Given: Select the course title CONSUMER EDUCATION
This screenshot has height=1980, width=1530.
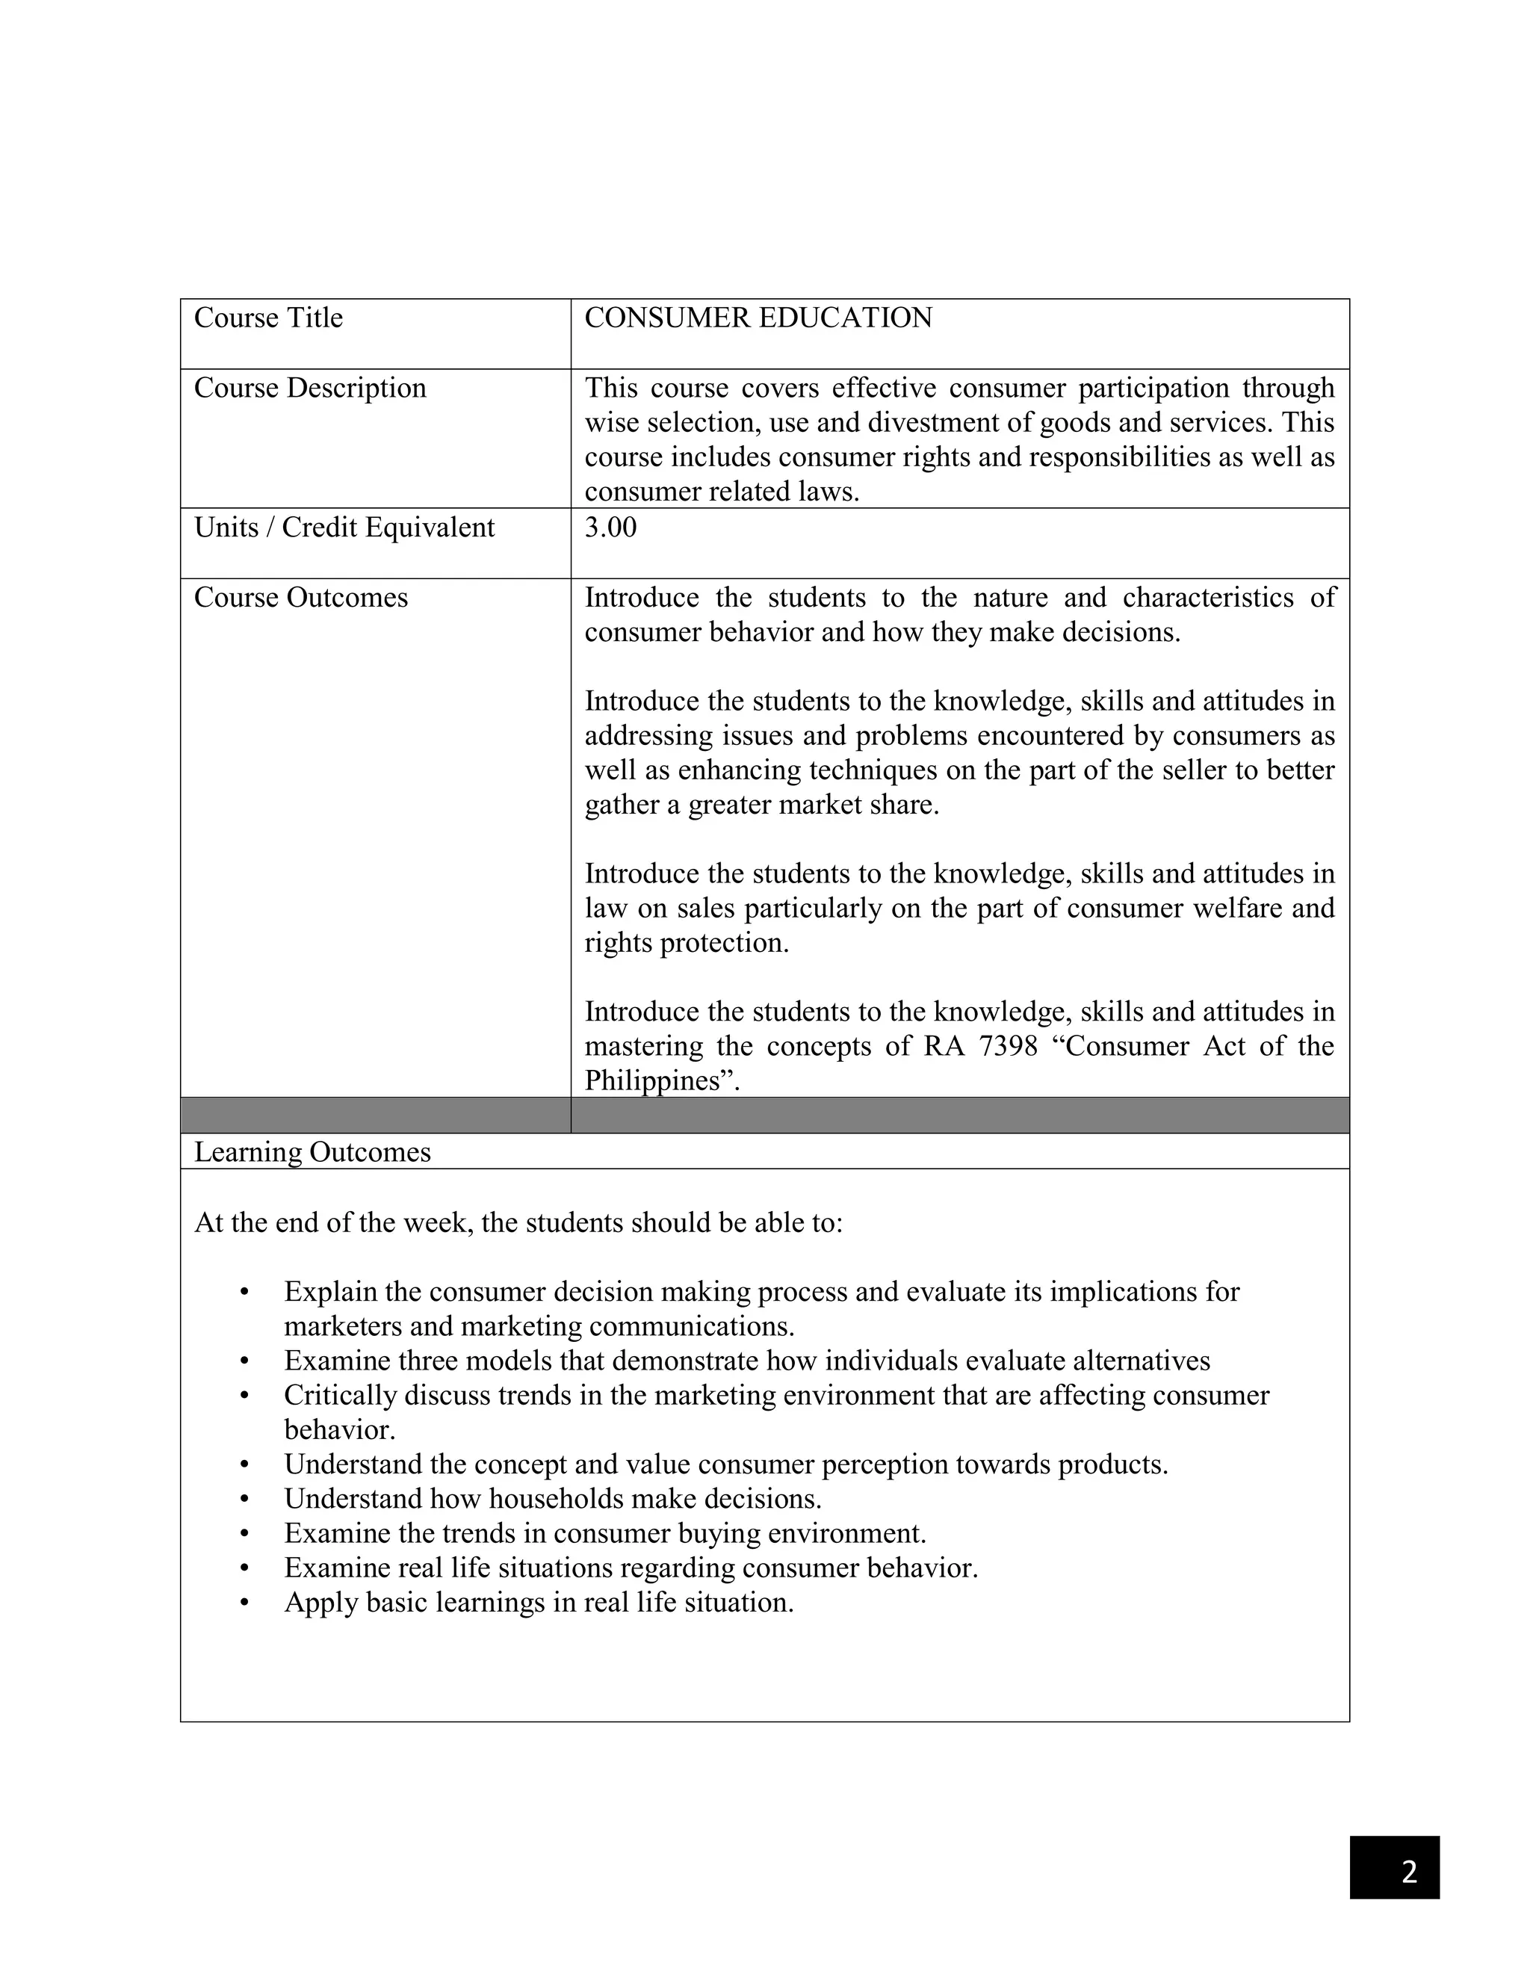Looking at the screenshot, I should [x=758, y=318].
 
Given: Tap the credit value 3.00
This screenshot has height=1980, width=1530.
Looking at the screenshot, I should [x=610, y=528].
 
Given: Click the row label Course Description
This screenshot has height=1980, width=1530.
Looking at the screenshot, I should [x=310, y=388].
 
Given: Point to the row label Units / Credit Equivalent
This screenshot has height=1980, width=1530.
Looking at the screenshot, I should [x=344, y=528].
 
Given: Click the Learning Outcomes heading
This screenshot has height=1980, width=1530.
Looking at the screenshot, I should [x=312, y=1152].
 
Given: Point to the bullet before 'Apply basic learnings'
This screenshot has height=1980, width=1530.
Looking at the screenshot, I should [x=244, y=1603].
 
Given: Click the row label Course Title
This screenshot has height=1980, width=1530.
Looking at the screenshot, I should [x=268, y=318].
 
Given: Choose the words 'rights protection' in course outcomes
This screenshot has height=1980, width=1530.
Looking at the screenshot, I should [x=686, y=943].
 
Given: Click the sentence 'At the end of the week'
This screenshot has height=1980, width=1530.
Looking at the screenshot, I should [x=518, y=1223].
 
